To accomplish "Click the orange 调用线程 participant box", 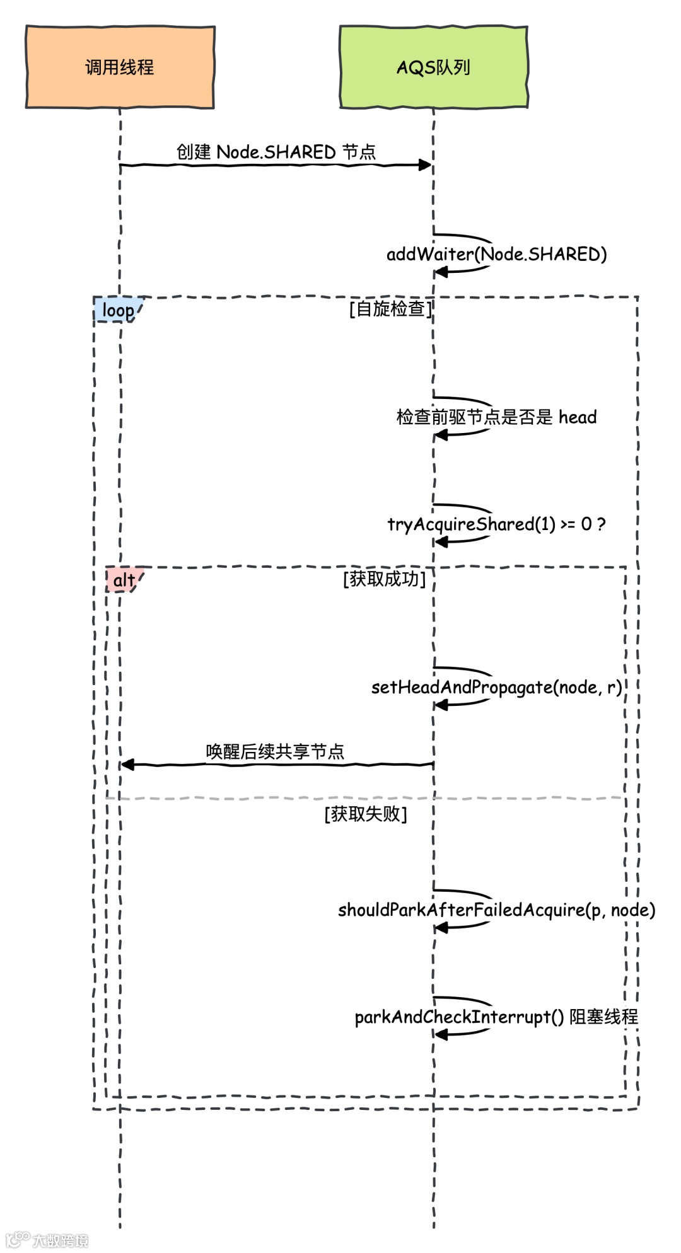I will (120, 67).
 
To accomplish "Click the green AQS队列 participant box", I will (433, 67).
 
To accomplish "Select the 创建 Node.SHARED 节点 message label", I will (276, 152).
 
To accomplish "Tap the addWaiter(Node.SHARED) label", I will (496, 254).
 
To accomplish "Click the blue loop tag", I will (118, 310).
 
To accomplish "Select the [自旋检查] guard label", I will (390, 309).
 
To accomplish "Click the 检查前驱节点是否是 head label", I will (496, 417).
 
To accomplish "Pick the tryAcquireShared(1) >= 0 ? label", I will (496, 524).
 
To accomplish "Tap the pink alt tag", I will (124, 580).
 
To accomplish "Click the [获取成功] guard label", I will (384, 579).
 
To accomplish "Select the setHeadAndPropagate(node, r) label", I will (496, 687).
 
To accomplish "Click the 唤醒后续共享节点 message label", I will (275, 751).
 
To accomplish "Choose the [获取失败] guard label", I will (366, 814).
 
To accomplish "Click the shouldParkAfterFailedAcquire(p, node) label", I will (496, 909).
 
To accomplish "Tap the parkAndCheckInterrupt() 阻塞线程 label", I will (496, 1017).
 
